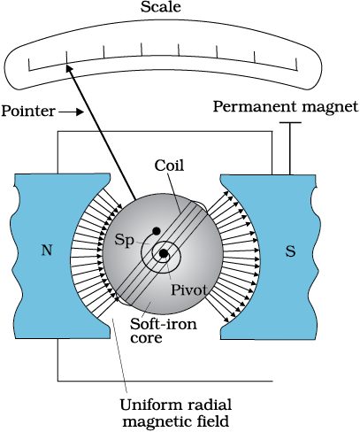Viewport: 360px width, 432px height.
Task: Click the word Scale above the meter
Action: tap(161, 7)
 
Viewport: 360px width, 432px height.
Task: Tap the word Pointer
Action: tap(28, 111)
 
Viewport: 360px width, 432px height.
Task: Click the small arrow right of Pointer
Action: tap(71, 112)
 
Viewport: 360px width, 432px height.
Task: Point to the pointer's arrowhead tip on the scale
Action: tap(66, 65)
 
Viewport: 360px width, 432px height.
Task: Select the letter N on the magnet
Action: tap(47, 251)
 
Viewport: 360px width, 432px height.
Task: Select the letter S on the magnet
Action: tap(290, 251)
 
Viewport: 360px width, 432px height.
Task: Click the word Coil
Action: tap(169, 166)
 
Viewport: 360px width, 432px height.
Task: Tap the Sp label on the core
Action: tap(124, 241)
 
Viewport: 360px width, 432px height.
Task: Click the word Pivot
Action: tap(189, 290)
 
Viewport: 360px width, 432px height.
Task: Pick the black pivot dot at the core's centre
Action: tap(164, 253)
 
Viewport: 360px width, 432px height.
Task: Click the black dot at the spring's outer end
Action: tap(156, 231)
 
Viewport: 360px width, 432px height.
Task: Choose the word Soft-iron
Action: tap(164, 324)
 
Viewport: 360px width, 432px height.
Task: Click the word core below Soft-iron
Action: tap(146, 338)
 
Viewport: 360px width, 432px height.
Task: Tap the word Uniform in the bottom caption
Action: tap(147, 405)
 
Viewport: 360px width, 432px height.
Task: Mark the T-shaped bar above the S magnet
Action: tap(290, 148)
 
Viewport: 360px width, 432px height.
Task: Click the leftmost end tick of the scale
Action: tap(29, 65)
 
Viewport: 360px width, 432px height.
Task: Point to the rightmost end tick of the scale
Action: tap(296, 65)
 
